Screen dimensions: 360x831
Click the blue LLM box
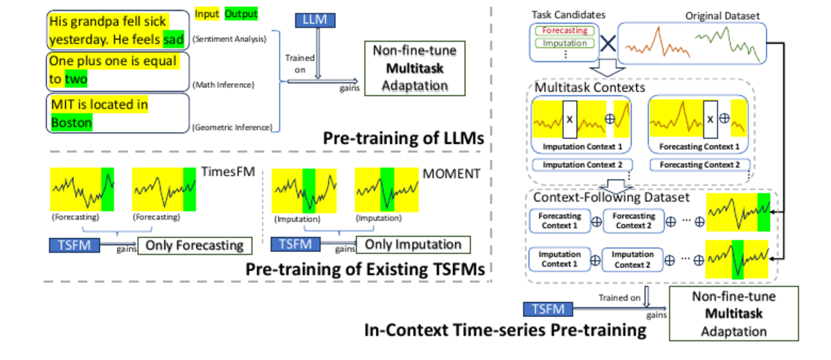316,21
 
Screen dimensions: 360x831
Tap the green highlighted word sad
174,40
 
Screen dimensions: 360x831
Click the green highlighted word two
76,80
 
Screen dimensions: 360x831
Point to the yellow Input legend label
207,14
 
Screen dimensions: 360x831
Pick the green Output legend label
241,14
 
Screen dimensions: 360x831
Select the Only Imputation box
413,244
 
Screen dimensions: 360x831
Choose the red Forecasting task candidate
564,30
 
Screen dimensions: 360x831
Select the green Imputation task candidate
564,44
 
